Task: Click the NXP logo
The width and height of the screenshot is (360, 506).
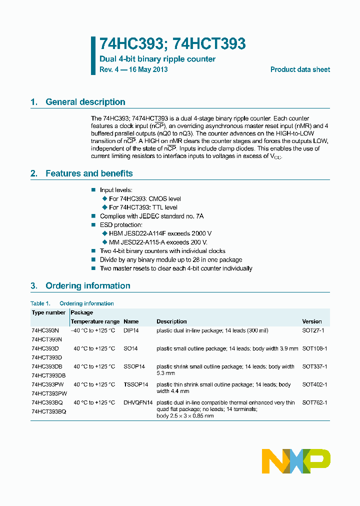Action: tap(296, 461)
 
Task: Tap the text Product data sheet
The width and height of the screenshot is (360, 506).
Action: tap(300, 69)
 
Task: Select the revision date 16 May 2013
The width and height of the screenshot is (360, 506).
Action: tap(148, 69)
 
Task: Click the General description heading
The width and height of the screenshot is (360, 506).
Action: tap(85, 102)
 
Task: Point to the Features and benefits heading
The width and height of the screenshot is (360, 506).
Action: tap(89, 173)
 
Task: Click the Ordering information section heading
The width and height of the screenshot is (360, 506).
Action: tap(87, 286)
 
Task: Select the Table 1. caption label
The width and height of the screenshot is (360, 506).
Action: tap(40, 303)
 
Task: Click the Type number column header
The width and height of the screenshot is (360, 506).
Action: tap(48, 312)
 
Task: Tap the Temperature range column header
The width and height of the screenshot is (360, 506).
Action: tap(95, 321)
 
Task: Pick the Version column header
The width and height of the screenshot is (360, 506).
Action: tap(312, 321)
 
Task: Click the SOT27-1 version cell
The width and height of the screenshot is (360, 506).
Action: tap(313, 330)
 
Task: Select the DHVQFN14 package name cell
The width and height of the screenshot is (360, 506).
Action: tap(138, 402)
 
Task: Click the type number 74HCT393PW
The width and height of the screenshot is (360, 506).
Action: tap(48, 393)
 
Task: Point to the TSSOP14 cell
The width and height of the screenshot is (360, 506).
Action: tap(136, 384)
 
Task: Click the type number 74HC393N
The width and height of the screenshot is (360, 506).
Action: tap(45, 330)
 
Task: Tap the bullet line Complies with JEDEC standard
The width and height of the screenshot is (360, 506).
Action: tap(151, 216)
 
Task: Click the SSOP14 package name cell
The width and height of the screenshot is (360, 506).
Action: tap(134, 366)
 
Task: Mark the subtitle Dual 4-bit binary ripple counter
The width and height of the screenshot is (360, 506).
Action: tap(157, 59)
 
